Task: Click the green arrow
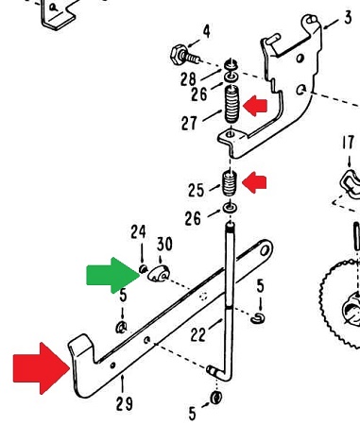pos(111,276)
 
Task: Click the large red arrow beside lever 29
pos(40,368)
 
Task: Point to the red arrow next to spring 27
pos(255,106)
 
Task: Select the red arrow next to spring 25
pos(254,182)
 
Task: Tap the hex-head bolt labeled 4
pos(184,56)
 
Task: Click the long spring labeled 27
pos(232,104)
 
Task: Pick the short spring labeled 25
pos(230,183)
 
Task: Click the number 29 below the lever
pos(124,403)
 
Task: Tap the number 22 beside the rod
pos(199,333)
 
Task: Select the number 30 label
pos(164,245)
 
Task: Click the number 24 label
pos(139,231)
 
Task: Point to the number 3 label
pos(348,18)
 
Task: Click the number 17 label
pos(348,143)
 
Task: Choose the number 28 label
pos(188,79)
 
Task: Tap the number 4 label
pos(206,32)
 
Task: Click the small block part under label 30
pos(159,274)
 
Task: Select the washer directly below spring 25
pos(231,208)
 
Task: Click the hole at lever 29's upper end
pos(265,250)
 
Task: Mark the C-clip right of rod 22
pos(258,318)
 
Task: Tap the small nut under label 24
pos(143,269)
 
